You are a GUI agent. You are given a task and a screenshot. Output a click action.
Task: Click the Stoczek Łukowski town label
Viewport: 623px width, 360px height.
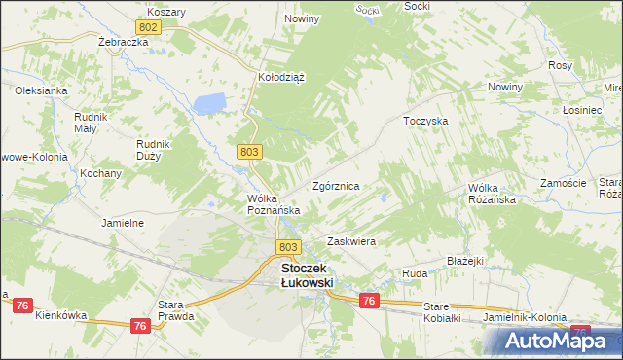[307, 274]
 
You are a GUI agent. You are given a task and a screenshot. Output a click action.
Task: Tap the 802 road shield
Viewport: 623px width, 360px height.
[149, 29]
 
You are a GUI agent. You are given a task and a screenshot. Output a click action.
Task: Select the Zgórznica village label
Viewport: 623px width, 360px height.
[337, 185]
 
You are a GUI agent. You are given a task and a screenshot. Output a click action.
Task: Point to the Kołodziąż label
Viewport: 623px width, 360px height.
[281, 80]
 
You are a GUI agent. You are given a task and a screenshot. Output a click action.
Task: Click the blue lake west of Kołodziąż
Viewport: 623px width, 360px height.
[209, 102]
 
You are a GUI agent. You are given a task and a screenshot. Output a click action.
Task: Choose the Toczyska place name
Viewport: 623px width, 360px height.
[425, 122]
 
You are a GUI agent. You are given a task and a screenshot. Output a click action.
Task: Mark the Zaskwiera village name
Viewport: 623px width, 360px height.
[351, 240]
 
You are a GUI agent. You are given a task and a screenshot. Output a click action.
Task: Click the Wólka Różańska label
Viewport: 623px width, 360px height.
[491, 194]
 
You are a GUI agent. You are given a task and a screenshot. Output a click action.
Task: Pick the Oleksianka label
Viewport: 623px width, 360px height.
[40, 90]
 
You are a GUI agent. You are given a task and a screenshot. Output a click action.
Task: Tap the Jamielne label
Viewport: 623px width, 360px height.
[123, 223]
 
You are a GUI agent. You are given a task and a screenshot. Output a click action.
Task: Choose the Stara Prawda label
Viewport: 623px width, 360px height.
[177, 310]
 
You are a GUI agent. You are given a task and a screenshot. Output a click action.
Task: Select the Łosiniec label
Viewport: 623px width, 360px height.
[582, 111]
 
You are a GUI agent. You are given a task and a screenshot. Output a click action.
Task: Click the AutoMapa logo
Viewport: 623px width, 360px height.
[551, 341]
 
